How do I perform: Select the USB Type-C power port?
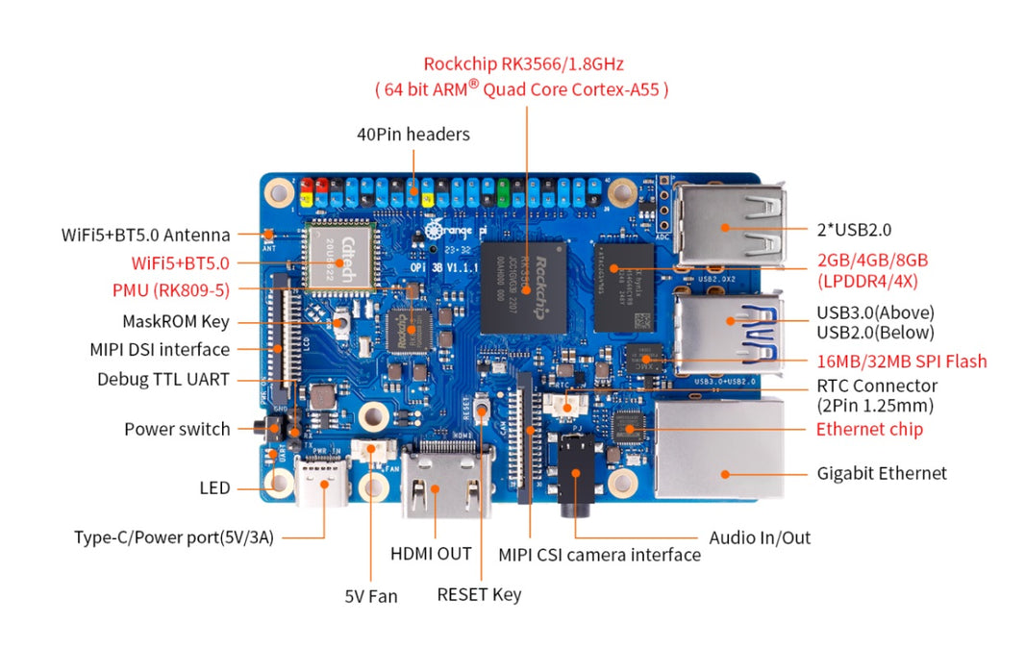(323, 484)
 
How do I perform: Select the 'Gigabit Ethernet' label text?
(881, 473)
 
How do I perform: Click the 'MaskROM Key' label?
(175, 321)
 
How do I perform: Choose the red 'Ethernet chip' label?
(869, 429)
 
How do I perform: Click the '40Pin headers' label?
(413, 135)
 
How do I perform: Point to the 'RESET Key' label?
(479, 594)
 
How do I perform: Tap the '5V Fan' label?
(370, 596)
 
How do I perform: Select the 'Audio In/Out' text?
(760, 537)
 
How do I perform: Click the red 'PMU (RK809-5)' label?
(180, 289)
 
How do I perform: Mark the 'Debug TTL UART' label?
(163, 379)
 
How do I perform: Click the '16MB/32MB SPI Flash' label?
(901, 361)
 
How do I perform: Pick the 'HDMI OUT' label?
(431, 554)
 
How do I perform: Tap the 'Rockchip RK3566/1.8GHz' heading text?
(523, 64)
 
